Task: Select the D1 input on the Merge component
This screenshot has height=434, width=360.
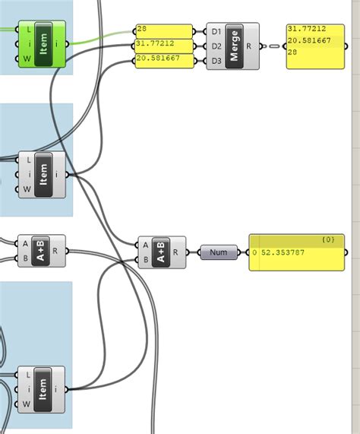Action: (x=216, y=32)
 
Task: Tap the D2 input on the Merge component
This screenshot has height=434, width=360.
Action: (x=216, y=46)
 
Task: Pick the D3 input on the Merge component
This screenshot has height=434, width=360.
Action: (x=216, y=60)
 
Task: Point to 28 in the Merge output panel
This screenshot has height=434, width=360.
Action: (x=292, y=52)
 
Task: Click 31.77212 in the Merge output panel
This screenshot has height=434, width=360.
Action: (x=306, y=29)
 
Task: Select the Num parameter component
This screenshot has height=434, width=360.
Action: (x=219, y=252)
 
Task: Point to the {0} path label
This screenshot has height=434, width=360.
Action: (x=327, y=240)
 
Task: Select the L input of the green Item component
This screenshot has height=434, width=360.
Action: (x=27, y=30)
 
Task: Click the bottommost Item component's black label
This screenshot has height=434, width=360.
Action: (x=43, y=389)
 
